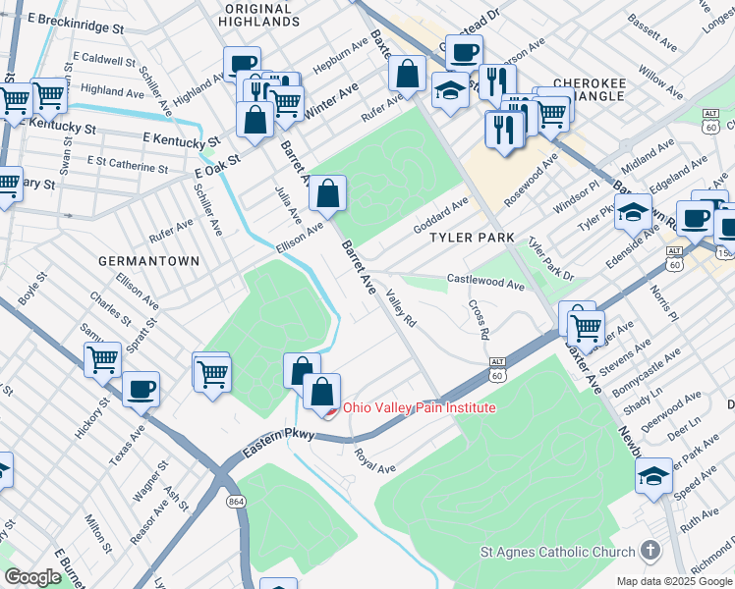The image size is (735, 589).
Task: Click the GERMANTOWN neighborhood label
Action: [x=149, y=261]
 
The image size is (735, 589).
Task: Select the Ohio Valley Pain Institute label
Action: [x=419, y=407]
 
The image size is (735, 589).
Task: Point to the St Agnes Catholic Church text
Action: [x=557, y=552]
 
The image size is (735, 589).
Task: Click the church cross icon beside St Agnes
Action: [x=649, y=551]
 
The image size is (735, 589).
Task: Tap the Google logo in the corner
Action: [x=32, y=577]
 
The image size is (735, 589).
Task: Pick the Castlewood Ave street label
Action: [x=485, y=282]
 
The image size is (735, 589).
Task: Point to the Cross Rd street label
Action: [x=479, y=320]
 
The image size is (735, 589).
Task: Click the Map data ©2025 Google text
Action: [x=674, y=581]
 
